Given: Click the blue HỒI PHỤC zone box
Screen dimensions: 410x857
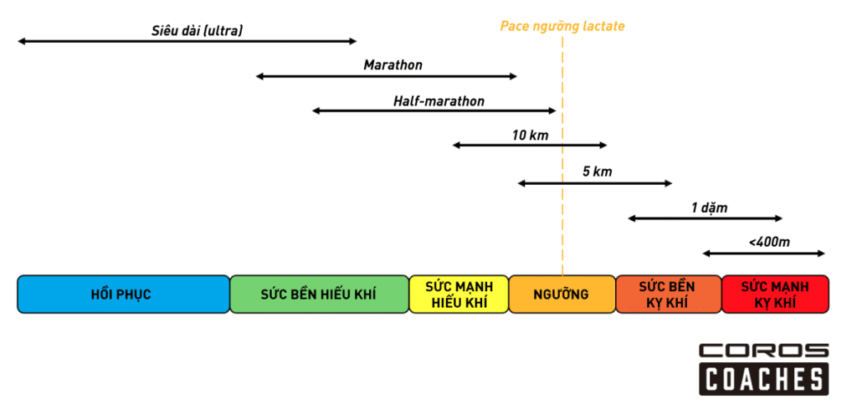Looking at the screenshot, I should [x=123, y=295].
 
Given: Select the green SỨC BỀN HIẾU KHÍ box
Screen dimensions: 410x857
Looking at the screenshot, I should [x=318, y=295].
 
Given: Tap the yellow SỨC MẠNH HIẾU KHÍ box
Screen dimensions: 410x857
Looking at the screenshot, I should [x=458, y=295].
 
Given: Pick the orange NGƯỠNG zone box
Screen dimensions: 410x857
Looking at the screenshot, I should [x=561, y=295].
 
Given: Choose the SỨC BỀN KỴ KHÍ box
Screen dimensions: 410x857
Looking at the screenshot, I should [x=667, y=295].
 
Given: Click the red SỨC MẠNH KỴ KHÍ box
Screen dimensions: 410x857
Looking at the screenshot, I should [x=774, y=295].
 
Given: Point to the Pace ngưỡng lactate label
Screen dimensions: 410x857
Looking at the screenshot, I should [x=562, y=27].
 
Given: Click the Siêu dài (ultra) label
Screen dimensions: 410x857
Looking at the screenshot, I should [x=197, y=32].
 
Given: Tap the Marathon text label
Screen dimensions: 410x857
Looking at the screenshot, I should [x=393, y=65].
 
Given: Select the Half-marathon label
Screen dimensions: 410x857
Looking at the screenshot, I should [x=439, y=101].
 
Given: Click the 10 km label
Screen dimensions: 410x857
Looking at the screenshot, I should [x=530, y=135].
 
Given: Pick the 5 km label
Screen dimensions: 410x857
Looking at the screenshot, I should [x=598, y=172].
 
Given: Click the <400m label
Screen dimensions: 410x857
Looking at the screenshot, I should [x=769, y=243].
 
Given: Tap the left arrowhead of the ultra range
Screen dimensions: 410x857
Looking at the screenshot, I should [x=21, y=41].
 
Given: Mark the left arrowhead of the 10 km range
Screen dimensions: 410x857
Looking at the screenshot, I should [x=457, y=146].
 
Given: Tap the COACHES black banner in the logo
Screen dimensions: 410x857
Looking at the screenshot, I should [x=763, y=380].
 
